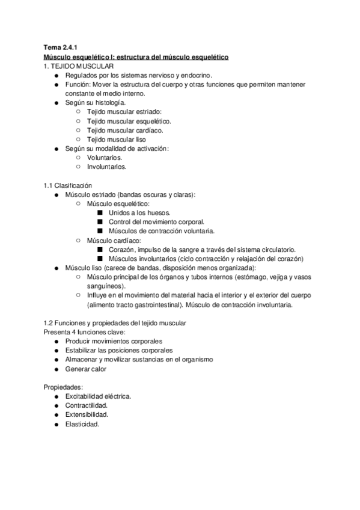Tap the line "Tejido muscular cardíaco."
tap(125, 130)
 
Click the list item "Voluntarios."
tap(105, 158)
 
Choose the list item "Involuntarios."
tap(107, 167)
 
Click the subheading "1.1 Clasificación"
tap(68, 185)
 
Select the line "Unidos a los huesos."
tap(139, 213)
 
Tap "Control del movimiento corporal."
tap(157, 222)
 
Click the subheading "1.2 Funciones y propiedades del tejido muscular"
tap(115, 323)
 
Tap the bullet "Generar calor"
tap(86, 369)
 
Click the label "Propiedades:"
tap(63, 387)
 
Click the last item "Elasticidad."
tap(82, 424)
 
